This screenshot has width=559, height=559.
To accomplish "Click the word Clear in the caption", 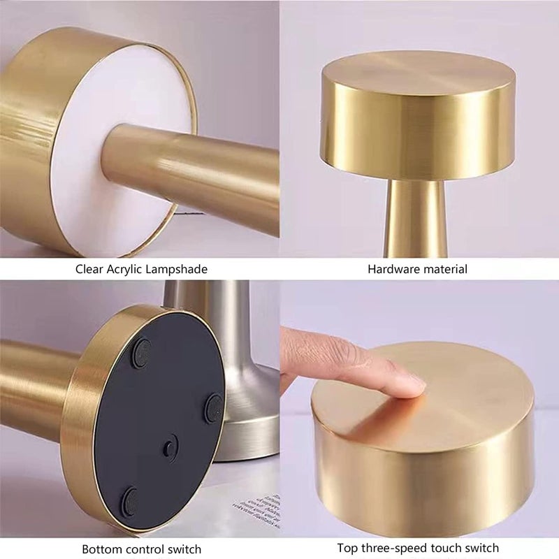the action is point(89,268).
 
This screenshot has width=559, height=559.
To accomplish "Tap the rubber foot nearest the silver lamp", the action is point(215,407).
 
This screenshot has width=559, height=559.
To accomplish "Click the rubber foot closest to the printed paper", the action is point(130,501).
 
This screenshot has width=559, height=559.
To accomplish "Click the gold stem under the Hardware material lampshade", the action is point(416,217).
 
